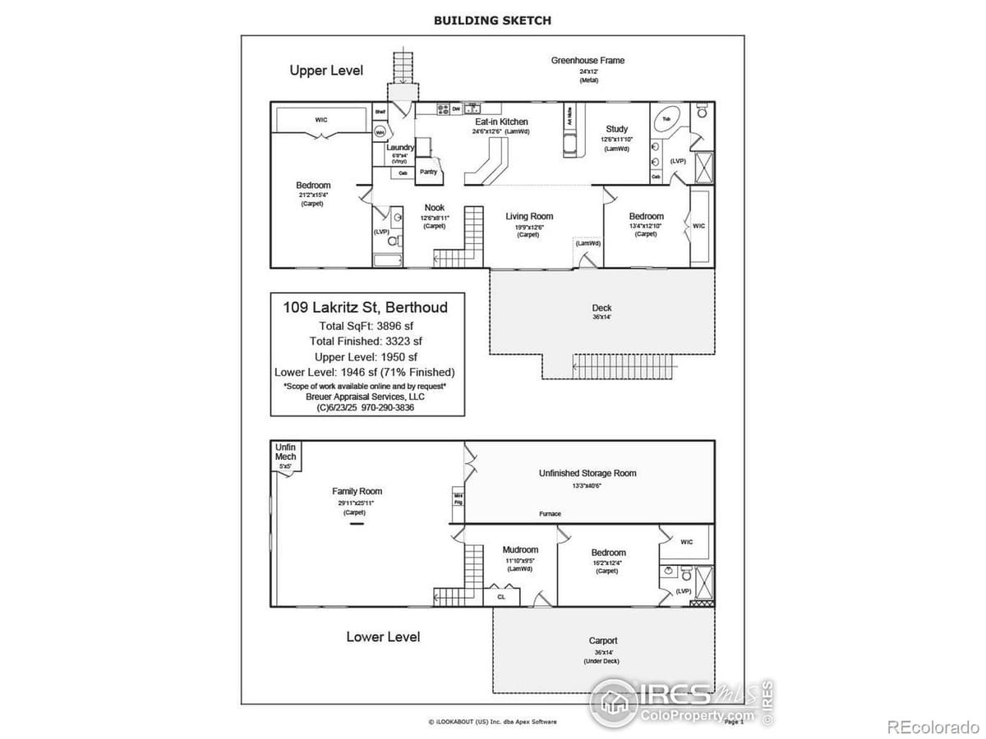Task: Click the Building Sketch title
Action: coord(492,21)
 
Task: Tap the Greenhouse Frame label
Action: coord(587,60)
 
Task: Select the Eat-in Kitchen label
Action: coord(501,122)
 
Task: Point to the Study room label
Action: coord(617,129)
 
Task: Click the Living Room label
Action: coord(529,217)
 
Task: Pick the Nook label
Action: coord(434,208)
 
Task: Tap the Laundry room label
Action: coord(400,148)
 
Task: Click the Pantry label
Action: coord(428,172)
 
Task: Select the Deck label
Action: coord(601,308)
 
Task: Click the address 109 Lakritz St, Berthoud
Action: coord(366,308)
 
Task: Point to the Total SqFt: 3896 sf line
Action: coord(366,326)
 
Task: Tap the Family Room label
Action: coord(357,491)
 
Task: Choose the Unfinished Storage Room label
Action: coord(587,473)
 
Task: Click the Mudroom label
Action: coord(520,550)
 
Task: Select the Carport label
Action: coord(603,640)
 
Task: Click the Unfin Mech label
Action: coord(285,452)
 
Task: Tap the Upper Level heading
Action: coord(326,71)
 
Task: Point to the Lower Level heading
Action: coord(383,636)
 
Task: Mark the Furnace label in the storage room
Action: coord(550,514)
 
